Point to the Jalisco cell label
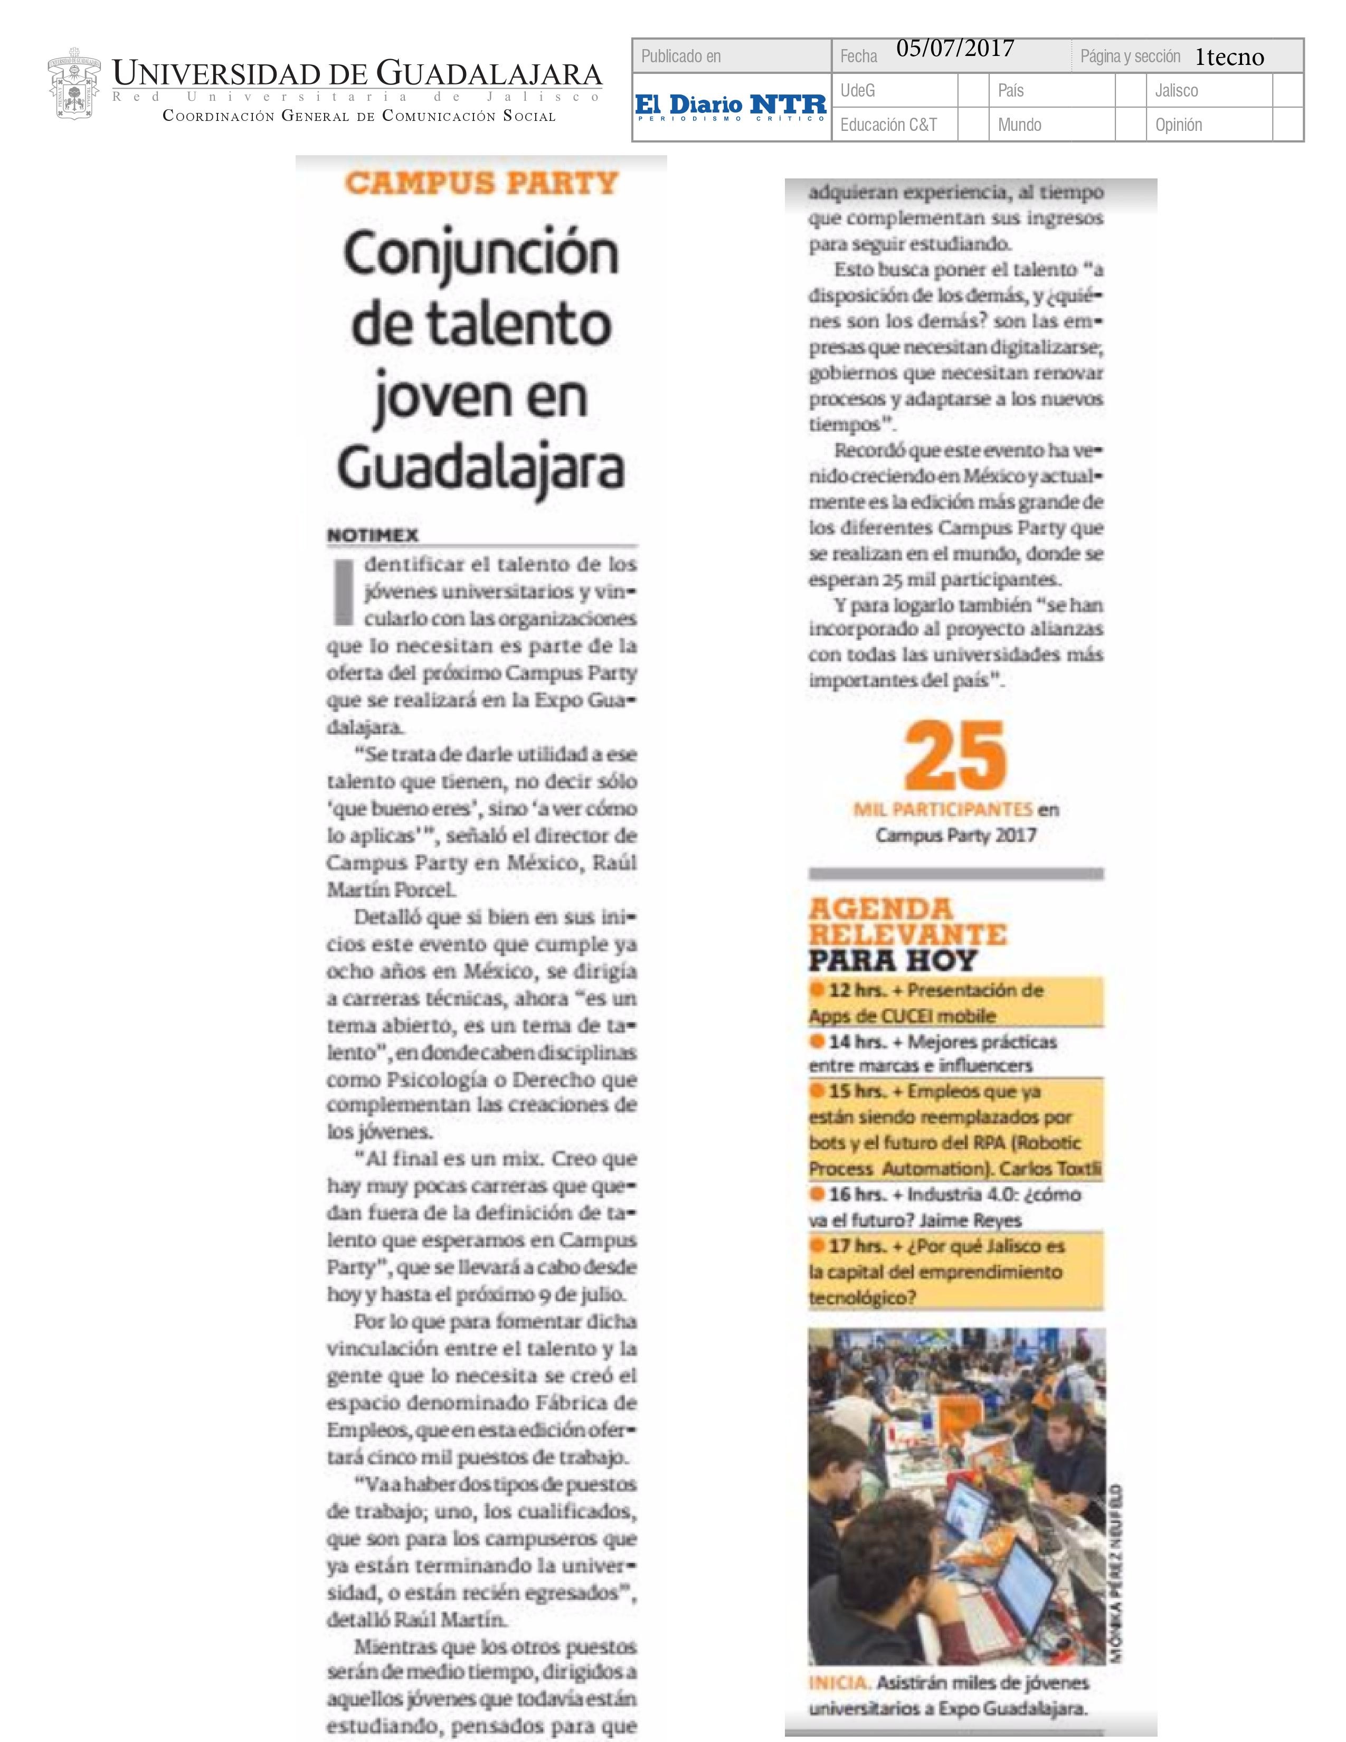tap(1176, 91)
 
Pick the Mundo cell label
tap(1019, 125)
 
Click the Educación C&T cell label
tap(888, 125)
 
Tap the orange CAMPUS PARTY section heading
tap(481, 184)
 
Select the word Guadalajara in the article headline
tap(481, 469)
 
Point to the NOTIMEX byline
tap(372, 536)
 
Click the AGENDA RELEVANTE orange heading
tap(907, 922)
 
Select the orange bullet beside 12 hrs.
tap(817, 990)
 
